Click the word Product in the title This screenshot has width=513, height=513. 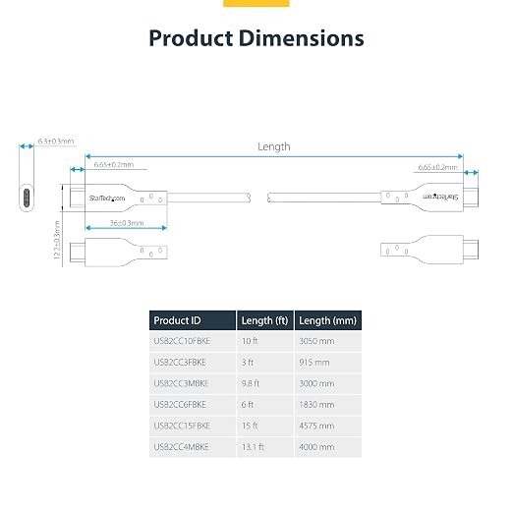point(191,38)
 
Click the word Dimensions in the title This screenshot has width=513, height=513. point(301,38)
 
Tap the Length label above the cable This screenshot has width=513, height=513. point(274,146)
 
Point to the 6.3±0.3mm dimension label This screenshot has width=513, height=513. point(56,142)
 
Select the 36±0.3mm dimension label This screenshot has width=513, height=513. point(127,223)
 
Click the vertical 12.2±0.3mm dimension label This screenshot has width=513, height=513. point(57,240)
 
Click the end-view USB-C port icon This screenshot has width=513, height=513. point(27,198)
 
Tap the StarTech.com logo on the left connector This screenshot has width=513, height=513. point(107,199)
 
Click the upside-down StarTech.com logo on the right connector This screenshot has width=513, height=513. point(440,197)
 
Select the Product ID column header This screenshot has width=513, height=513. point(177,320)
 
